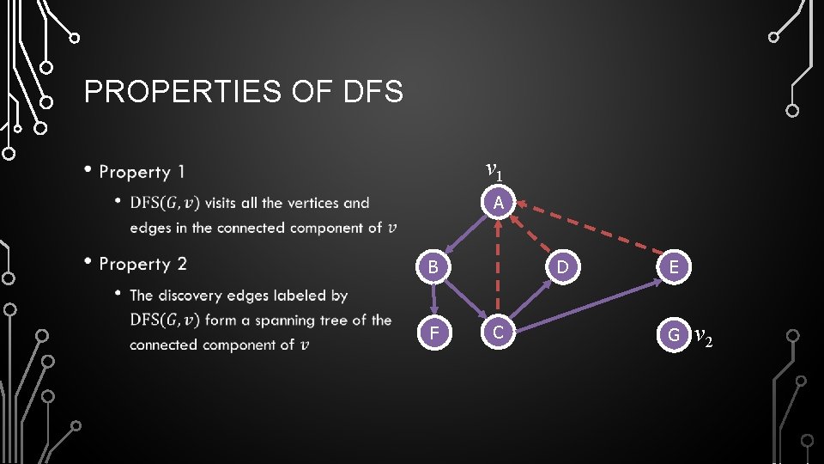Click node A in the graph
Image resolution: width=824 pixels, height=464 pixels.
click(x=499, y=203)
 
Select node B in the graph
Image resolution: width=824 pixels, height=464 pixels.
click(x=434, y=267)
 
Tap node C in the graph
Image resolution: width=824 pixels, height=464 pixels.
click(x=499, y=332)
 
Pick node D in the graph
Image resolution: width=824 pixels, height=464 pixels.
click(x=562, y=267)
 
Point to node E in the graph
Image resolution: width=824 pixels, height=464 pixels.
click(x=674, y=267)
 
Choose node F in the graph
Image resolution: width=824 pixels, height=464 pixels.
click(x=434, y=332)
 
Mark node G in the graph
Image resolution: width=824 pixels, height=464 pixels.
click(x=674, y=333)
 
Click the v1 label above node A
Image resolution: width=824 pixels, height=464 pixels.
click(x=494, y=169)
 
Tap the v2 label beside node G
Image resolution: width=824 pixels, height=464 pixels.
click(x=703, y=335)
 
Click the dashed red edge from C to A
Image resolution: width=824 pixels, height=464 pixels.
click(x=499, y=275)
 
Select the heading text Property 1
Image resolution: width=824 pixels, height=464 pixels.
click(x=142, y=172)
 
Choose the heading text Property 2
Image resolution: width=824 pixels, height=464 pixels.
click(x=142, y=264)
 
